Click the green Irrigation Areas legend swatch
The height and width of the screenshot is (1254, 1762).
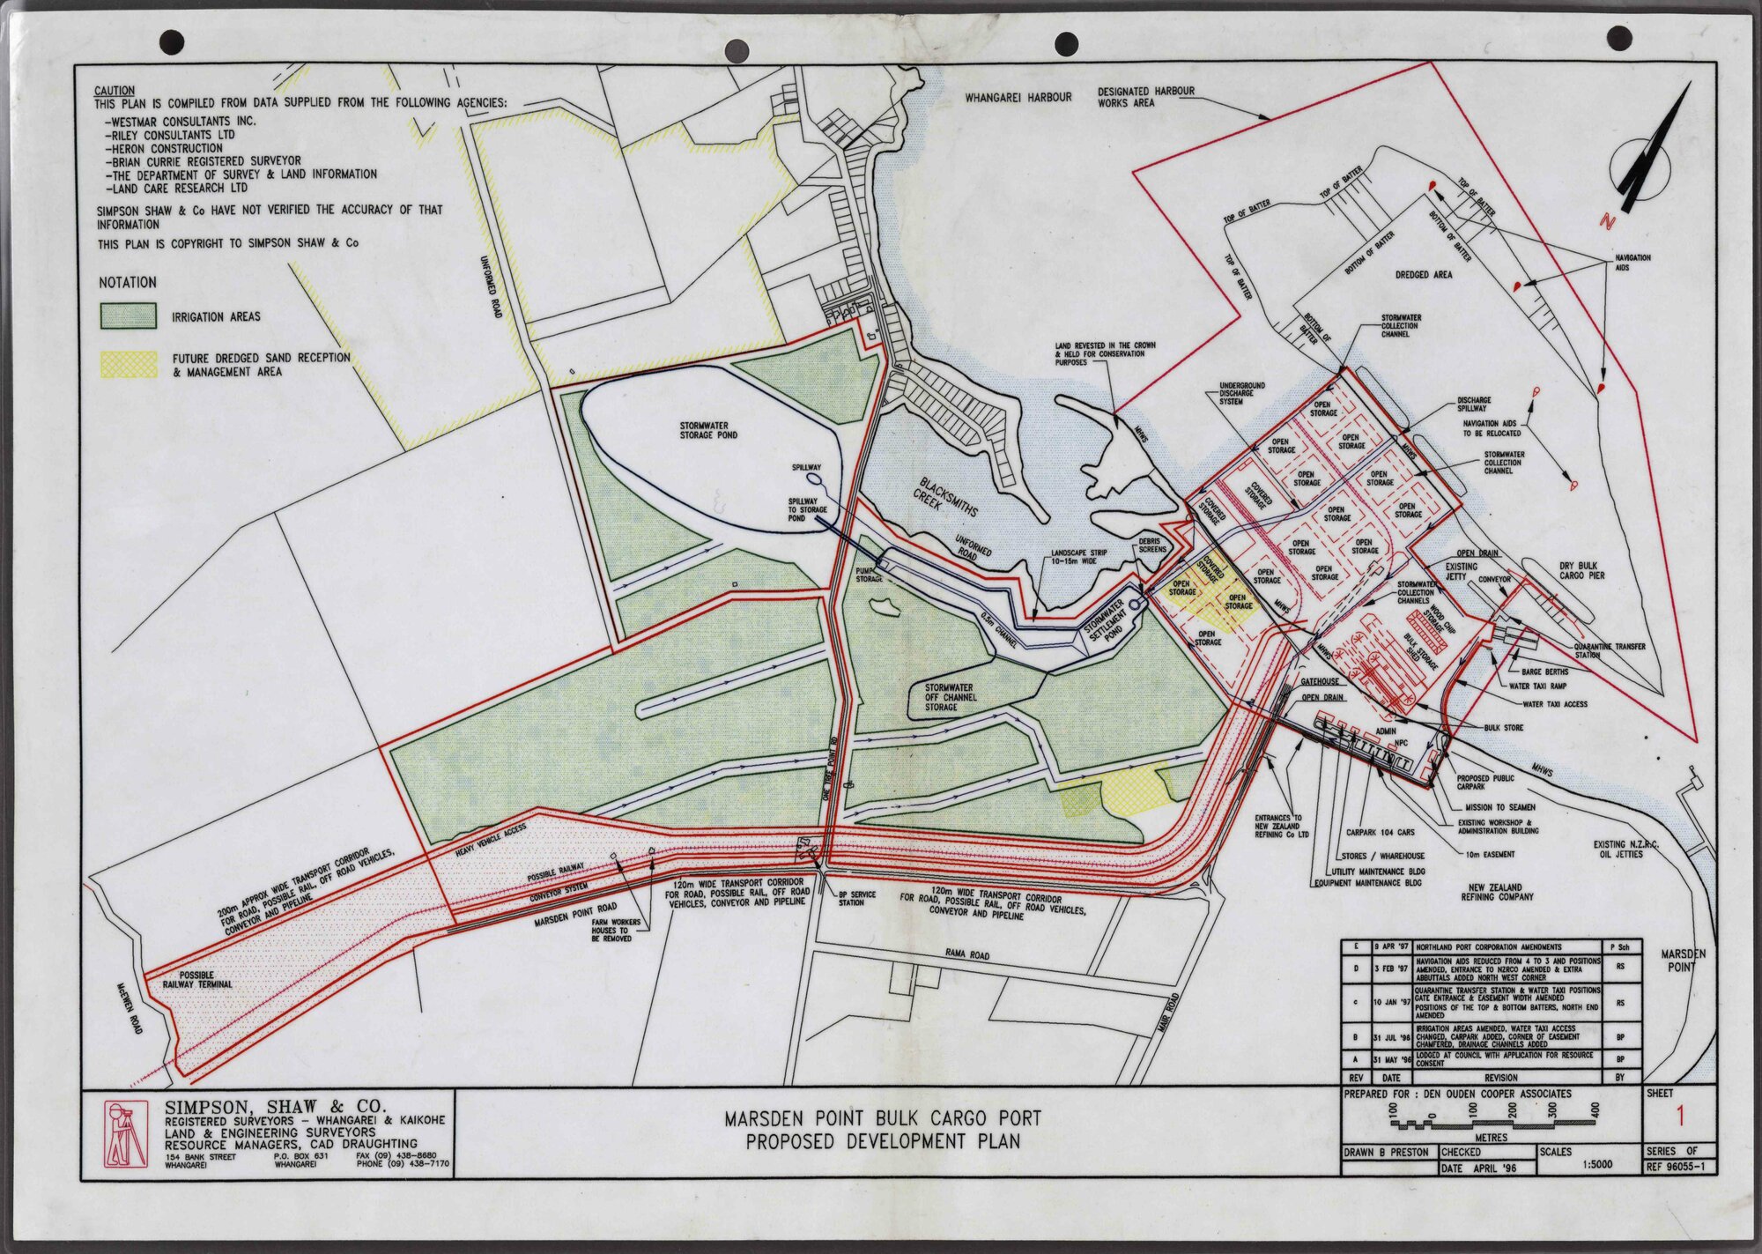point(129,315)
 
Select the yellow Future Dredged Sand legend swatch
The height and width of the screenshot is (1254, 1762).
point(129,364)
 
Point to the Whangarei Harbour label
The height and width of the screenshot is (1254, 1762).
point(1018,97)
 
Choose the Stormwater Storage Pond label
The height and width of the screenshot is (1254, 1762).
point(707,429)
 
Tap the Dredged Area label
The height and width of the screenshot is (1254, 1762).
point(1424,275)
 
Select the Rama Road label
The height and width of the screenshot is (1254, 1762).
point(967,954)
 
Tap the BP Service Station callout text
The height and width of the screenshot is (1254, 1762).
point(856,898)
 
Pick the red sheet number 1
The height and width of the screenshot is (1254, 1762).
point(1679,1117)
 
